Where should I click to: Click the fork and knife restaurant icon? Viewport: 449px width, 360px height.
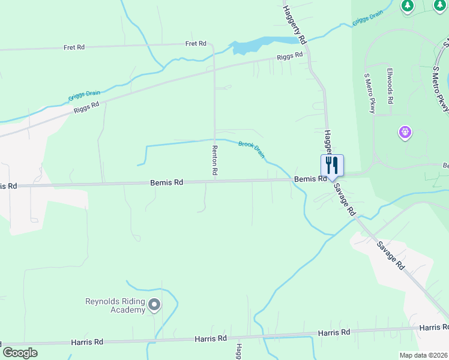tap(332, 165)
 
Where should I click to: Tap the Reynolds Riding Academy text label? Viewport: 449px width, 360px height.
tap(115, 305)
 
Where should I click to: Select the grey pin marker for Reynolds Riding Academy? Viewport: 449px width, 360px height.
tap(154, 305)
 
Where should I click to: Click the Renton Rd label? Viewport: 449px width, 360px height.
tap(214, 160)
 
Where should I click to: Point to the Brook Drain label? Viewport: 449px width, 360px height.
tap(252, 148)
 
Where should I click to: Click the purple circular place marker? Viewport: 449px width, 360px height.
tap(405, 131)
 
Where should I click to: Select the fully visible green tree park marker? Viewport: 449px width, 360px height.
tap(408, 6)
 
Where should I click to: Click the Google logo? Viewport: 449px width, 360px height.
tap(20, 352)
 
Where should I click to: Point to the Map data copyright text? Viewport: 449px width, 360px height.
tap(423, 355)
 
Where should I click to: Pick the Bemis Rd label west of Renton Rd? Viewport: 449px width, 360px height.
tap(166, 182)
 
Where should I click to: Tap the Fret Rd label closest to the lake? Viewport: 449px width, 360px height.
tap(196, 44)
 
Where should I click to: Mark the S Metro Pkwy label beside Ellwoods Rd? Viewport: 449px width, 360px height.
tap(369, 93)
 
